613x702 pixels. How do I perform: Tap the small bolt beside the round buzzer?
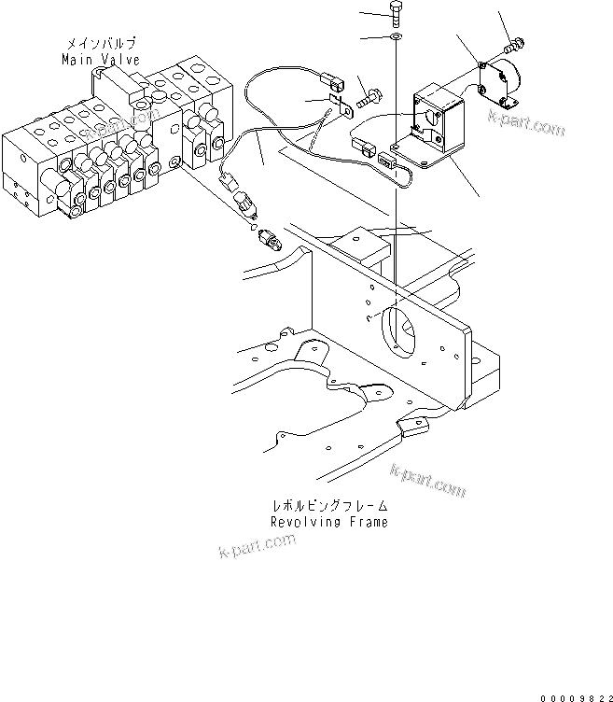tap(513, 42)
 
